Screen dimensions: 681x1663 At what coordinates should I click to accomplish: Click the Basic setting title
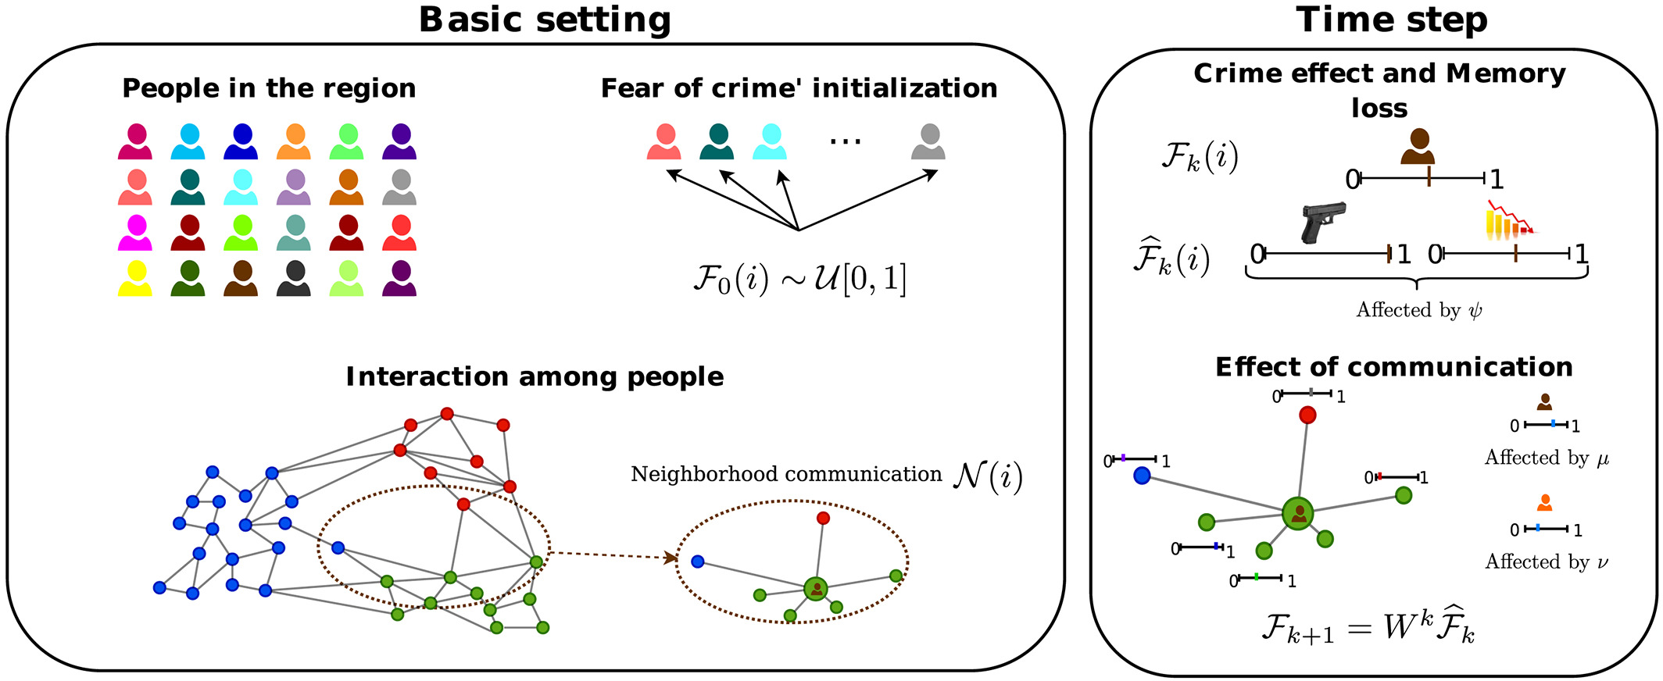(x=545, y=20)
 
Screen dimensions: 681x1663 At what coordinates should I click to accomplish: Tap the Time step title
(x=1392, y=20)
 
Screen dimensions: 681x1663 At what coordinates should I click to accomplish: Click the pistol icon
(x=1323, y=222)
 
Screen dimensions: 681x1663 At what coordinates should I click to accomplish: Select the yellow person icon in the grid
(x=134, y=279)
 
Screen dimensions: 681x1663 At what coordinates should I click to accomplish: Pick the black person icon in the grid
(x=295, y=279)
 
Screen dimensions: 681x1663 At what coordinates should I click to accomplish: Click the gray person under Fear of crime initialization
(x=928, y=142)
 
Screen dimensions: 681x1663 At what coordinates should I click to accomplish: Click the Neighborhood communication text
(x=786, y=474)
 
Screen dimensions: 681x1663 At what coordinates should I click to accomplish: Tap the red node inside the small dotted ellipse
(x=823, y=518)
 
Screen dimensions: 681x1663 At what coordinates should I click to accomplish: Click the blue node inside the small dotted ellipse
(x=698, y=562)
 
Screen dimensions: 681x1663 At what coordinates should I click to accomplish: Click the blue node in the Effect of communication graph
(x=1142, y=475)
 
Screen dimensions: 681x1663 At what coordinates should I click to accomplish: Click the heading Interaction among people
(x=535, y=376)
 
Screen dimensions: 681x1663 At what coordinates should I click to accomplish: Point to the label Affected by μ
(x=1547, y=458)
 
